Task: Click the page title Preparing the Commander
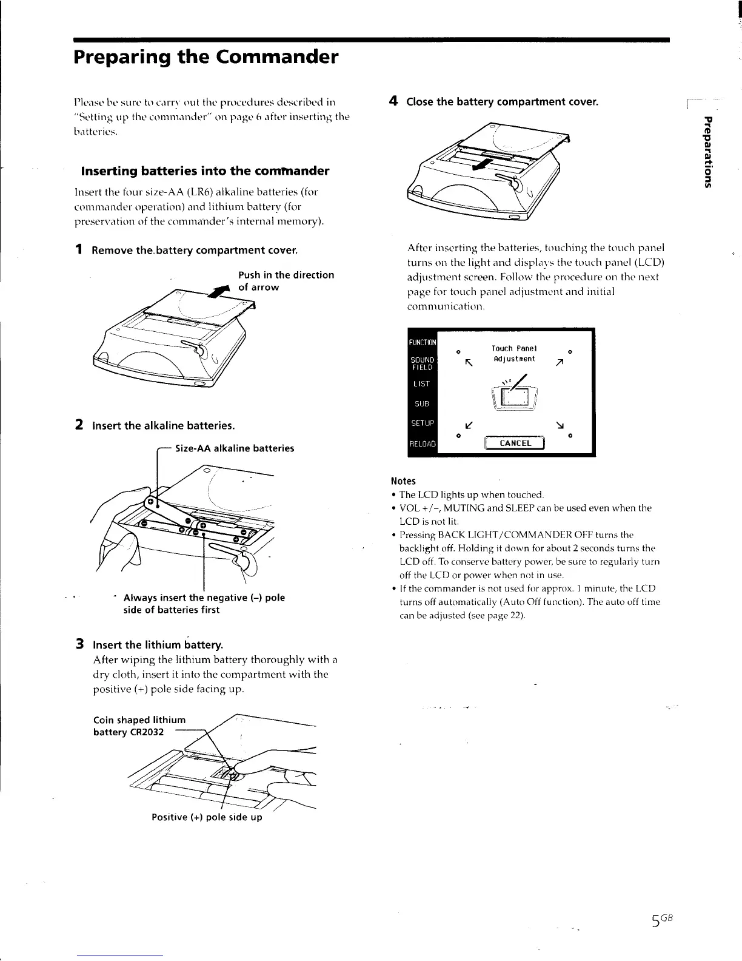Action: coord(206,58)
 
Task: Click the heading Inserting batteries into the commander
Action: coord(201,170)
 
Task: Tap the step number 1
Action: coord(79,250)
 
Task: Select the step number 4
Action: coord(393,101)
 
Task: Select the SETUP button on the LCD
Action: coord(423,422)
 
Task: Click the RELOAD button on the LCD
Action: coord(423,443)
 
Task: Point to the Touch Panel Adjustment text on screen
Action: coord(514,354)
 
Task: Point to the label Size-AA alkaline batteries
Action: coord(234,448)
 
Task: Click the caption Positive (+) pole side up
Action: coord(207,817)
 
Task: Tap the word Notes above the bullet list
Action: coord(403,481)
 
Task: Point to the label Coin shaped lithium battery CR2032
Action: coord(139,726)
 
